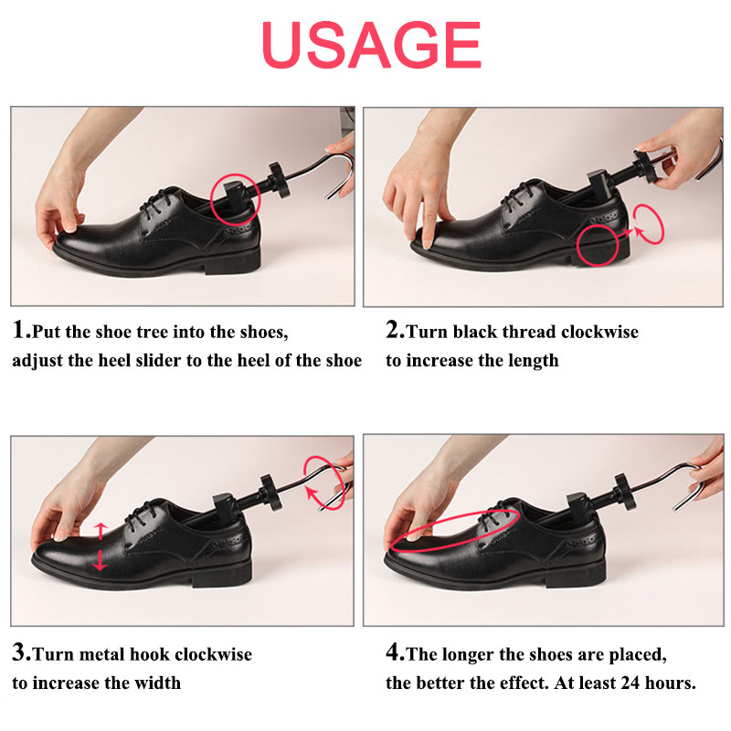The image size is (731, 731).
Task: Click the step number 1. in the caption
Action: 23,331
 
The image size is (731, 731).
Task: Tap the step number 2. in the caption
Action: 395,331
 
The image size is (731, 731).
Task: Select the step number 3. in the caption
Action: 23,653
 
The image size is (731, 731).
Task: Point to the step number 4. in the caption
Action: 395,653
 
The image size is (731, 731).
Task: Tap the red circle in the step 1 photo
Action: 235,194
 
